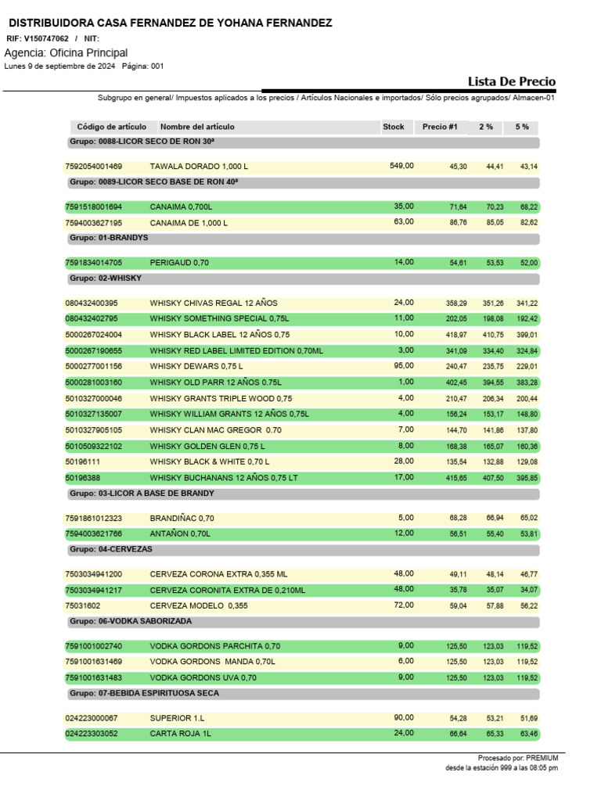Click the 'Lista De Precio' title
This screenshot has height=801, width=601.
click(512, 81)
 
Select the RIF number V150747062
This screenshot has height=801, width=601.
click(46, 38)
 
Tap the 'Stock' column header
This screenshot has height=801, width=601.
click(394, 127)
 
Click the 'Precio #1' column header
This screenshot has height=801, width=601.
click(440, 127)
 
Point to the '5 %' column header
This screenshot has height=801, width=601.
click(522, 127)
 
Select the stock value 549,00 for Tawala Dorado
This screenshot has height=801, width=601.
click(401, 166)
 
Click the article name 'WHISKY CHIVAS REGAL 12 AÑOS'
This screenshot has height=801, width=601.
click(214, 303)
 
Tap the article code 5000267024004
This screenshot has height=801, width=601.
click(94, 335)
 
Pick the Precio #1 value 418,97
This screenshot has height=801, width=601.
click(458, 335)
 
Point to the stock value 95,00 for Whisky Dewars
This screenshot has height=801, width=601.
click(404, 365)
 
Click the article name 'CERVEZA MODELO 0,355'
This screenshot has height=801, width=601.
click(199, 605)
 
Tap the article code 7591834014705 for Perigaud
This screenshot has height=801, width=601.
click(94, 263)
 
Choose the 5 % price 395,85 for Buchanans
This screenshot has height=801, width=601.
click(527, 477)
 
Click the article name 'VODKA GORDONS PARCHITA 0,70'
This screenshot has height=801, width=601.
click(214, 646)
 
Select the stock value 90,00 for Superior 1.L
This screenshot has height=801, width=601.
click(404, 717)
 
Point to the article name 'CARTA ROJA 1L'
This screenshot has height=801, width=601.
click(180, 734)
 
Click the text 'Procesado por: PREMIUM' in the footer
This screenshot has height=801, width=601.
click(518, 758)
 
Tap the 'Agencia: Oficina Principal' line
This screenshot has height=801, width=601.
click(66, 52)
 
